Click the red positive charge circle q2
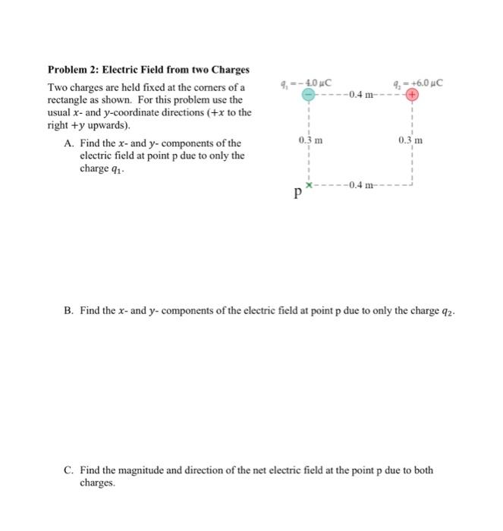[x=411, y=96]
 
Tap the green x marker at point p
[x=309, y=184]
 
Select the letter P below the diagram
[x=298, y=194]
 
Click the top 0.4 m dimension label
[x=358, y=95]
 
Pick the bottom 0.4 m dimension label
[x=358, y=185]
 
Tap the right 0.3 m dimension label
[x=410, y=140]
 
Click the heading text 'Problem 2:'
[x=73, y=70]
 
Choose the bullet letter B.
[x=68, y=313]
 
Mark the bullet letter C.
[x=68, y=470]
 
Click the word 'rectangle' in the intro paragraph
[x=68, y=100]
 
